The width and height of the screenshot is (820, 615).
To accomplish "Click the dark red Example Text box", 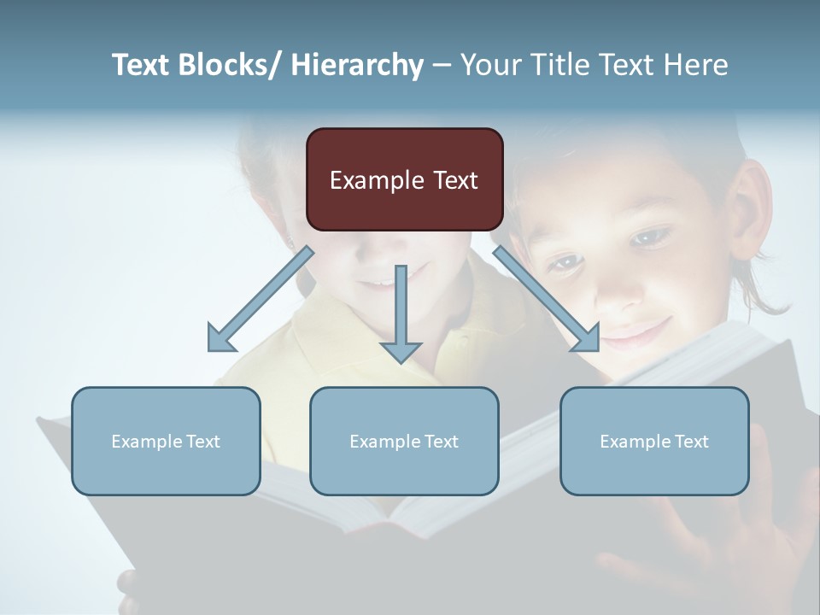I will pos(404,179).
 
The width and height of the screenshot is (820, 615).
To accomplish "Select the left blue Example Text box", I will pos(166,441).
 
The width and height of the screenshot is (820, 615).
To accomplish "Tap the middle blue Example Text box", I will pos(404,441).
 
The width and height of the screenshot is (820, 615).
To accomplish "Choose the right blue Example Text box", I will pos(654,441).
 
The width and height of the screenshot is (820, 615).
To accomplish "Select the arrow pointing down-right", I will pos(547,299).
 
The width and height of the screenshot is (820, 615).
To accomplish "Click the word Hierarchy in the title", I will pos(357,65).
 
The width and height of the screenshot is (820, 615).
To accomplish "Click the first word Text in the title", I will pos(142,65).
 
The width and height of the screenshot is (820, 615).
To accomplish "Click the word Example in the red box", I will pos(377,180).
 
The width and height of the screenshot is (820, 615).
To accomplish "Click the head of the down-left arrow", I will pos(220,338).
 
